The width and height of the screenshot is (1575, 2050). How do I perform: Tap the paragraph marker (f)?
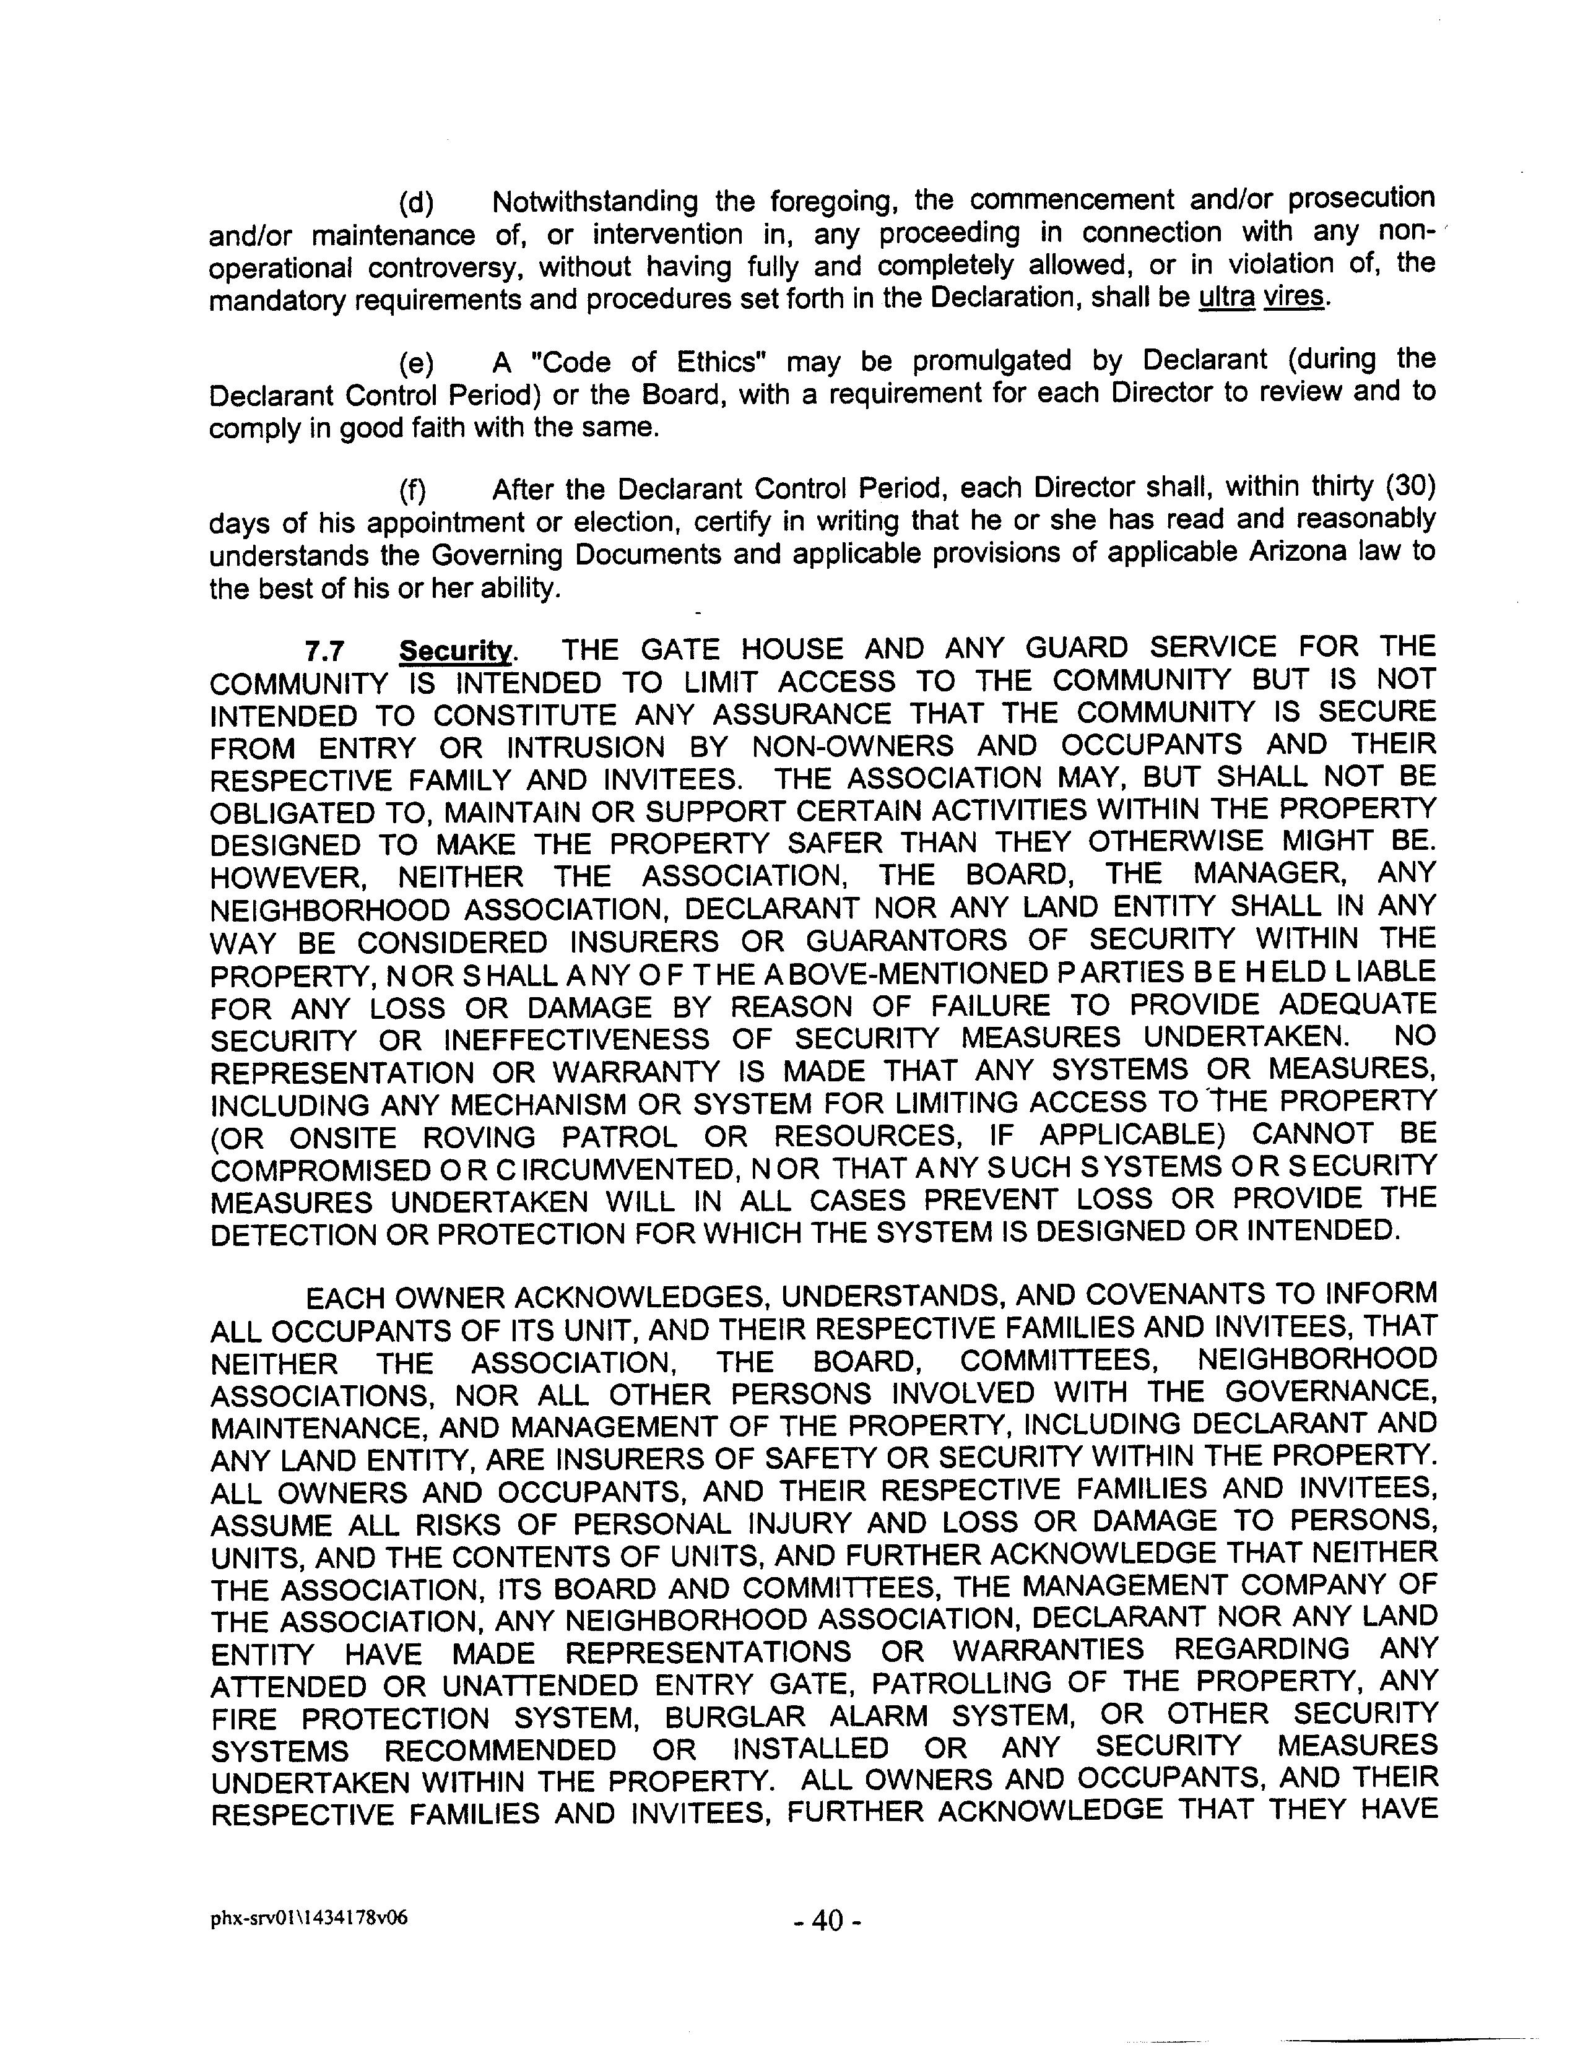(412, 490)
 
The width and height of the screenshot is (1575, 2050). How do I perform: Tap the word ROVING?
(479, 1137)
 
